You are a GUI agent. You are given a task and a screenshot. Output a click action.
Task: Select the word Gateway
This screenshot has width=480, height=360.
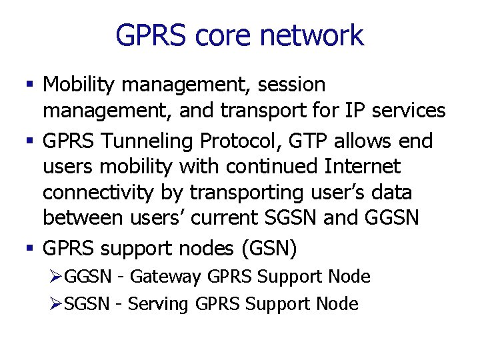click(x=166, y=277)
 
